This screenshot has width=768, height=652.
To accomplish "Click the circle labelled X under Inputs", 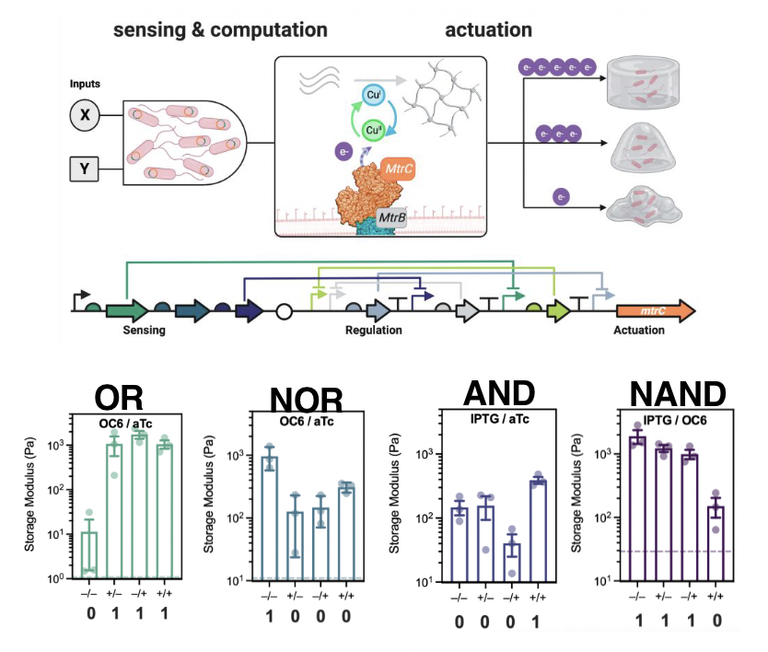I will coord(85,116).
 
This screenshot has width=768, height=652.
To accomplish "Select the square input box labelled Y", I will coord(85,169).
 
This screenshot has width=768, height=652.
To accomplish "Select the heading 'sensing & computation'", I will coord(220,30).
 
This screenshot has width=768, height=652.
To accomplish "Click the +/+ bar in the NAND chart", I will coord(714,542).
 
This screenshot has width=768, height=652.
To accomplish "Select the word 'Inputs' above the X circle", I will coord(84,84).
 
